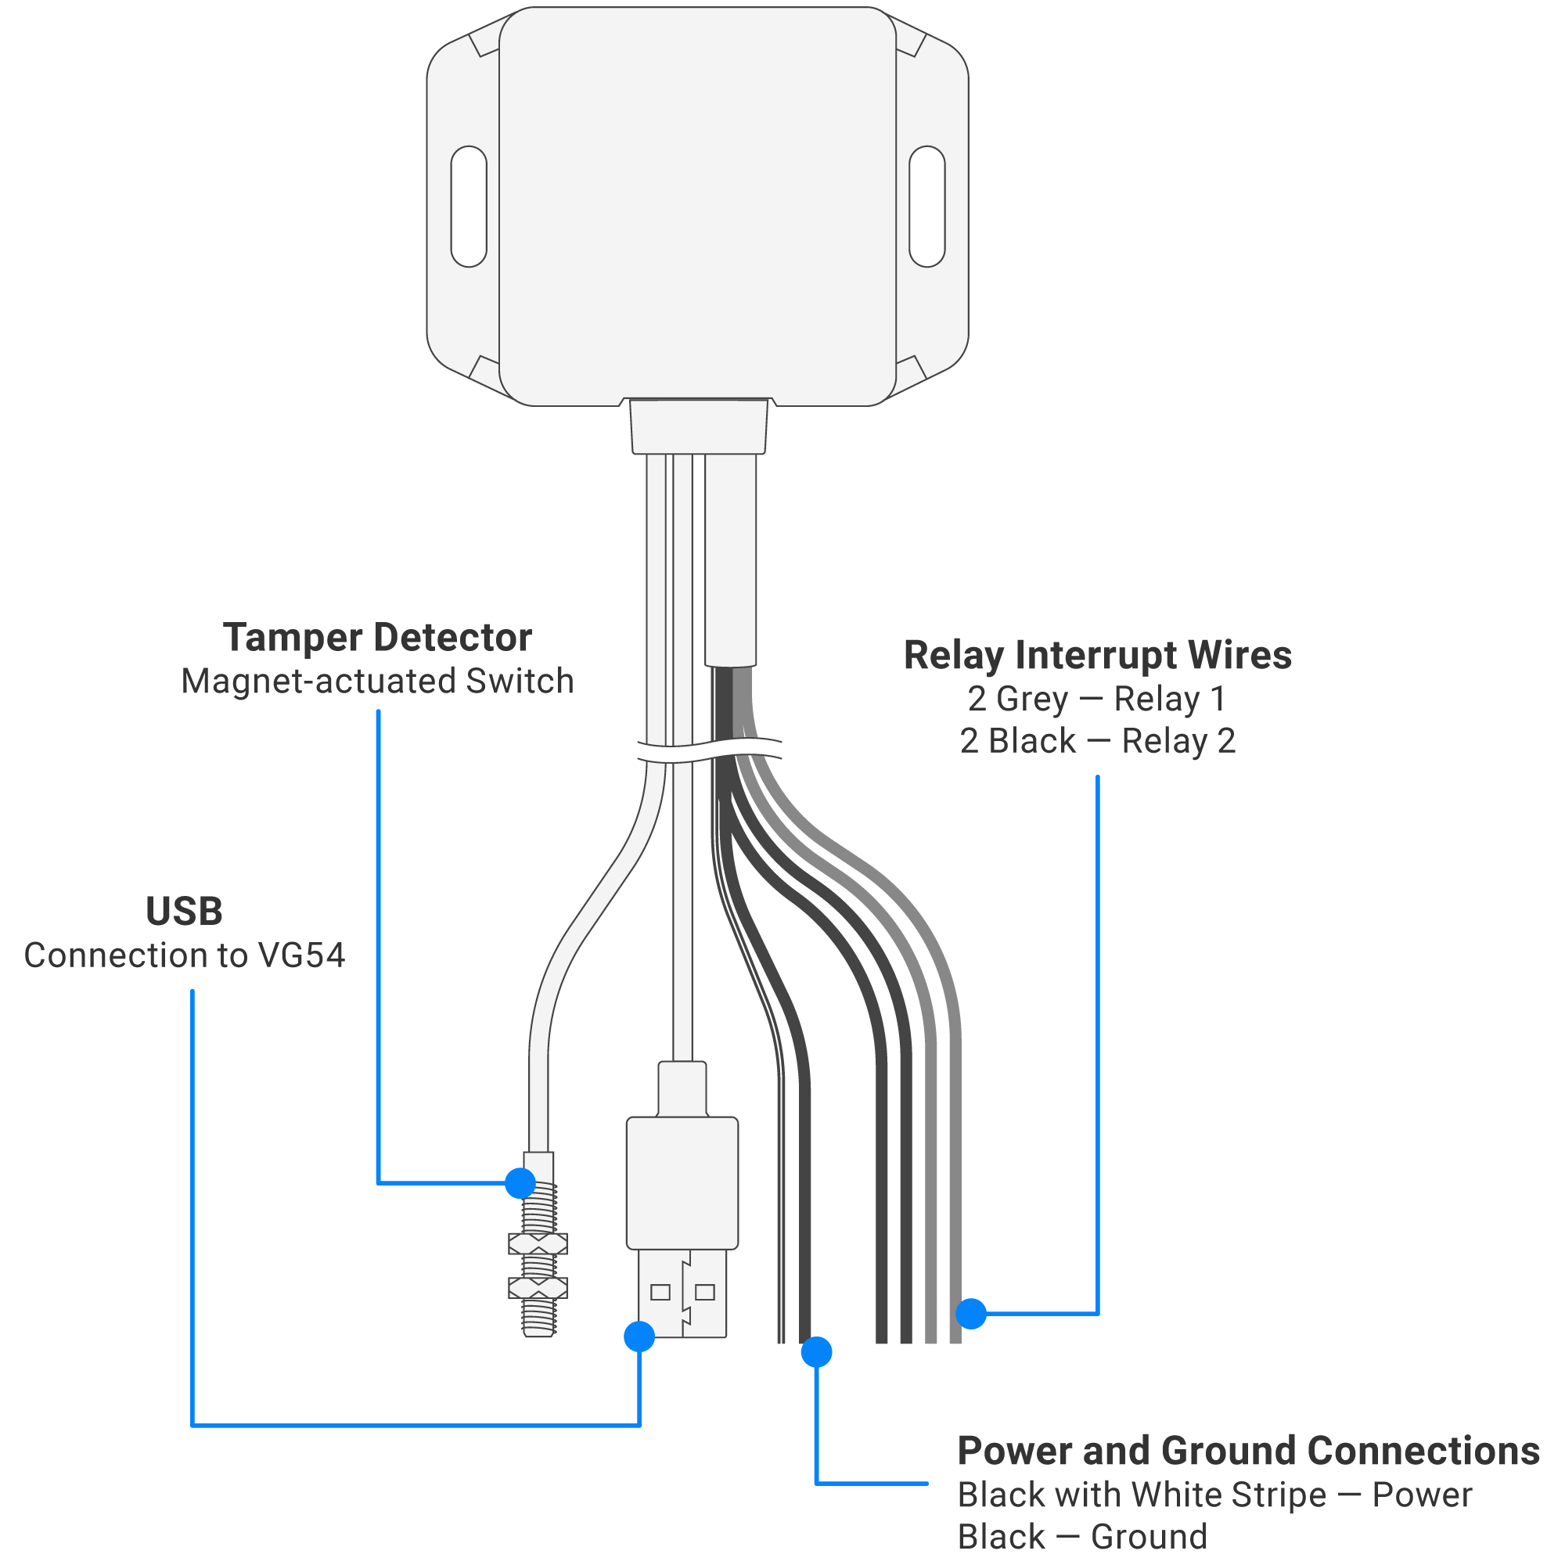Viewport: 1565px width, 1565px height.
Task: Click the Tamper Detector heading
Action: tap(377, 638)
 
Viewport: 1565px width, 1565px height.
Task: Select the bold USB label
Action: tap(184, 912)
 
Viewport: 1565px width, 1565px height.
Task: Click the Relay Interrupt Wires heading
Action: tap(1097, 655)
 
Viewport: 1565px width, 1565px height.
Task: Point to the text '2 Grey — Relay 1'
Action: tap(1097, 699)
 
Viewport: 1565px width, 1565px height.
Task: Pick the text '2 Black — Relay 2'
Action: tap(1097, 741)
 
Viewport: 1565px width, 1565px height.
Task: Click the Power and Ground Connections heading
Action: tap(1247, 1451)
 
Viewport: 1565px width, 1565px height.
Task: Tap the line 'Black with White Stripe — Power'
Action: tap(1214, 1495)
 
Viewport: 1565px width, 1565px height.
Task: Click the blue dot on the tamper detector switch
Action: tap(520, 1183)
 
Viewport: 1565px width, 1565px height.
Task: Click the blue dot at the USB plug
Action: tap(639, 1337)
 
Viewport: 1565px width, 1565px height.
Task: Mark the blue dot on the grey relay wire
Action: tap(970, 1313)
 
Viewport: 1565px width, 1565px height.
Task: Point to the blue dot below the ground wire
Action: tap(815, 1352)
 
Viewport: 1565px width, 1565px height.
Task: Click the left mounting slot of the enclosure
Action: tap(468, 207)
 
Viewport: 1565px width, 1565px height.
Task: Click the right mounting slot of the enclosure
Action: tap(926, 207)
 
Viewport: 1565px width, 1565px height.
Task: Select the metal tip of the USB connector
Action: tap(682, 1293)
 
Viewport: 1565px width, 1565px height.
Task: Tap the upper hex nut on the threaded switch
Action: tap(538, 1243)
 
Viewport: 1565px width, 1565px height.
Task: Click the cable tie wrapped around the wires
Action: tap(710, 751)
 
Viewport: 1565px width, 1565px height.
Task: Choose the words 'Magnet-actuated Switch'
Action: tap(377, 682)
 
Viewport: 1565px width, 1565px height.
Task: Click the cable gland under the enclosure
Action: tap(698, 427)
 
